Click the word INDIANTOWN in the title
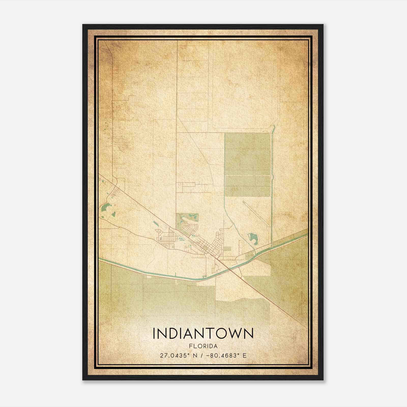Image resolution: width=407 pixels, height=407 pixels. coord(203,333)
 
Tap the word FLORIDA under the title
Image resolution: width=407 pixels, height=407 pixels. coord(203,346)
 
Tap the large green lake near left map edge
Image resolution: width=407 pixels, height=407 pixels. coord(105,207)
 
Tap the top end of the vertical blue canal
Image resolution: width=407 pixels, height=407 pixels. coord(274,126)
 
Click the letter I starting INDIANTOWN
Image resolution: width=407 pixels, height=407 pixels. coord(154,333)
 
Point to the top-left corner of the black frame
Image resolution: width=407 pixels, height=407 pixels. coord(83,25)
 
